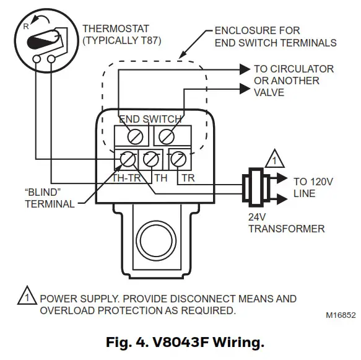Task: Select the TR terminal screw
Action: pyautogui.click(x=178, y=159)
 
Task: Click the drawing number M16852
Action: pyautogui.click(x=341, y=315)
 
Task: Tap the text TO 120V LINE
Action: pyautogui.click(x=313, y=188)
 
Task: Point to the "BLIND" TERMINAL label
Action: pyautogui.click(x=50, y=198)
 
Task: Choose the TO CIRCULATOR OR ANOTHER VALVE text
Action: pyautogui.click(x=294, y=81)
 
